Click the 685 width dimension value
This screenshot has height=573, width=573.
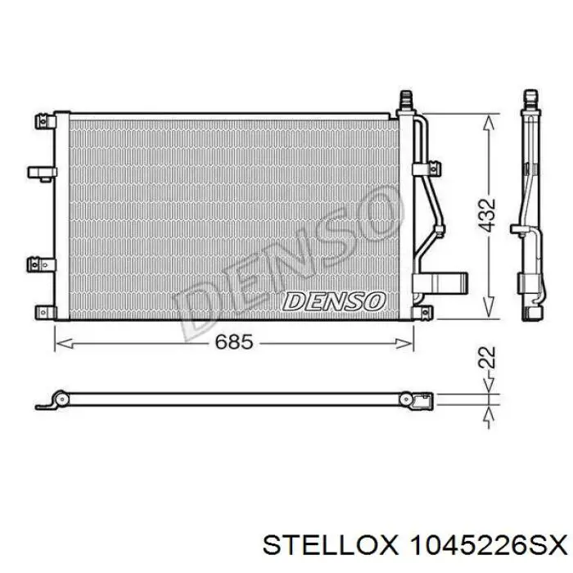234,342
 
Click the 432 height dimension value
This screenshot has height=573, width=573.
488,215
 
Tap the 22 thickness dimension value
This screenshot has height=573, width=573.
488,357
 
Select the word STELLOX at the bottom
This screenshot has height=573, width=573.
330,547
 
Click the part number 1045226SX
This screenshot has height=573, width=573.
489,547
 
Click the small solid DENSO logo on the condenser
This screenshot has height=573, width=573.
334,301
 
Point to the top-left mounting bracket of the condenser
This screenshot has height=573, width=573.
46,121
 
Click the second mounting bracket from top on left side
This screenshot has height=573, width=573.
43,174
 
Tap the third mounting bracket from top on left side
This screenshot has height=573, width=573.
42,264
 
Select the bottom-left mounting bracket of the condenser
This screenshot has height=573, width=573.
46,312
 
